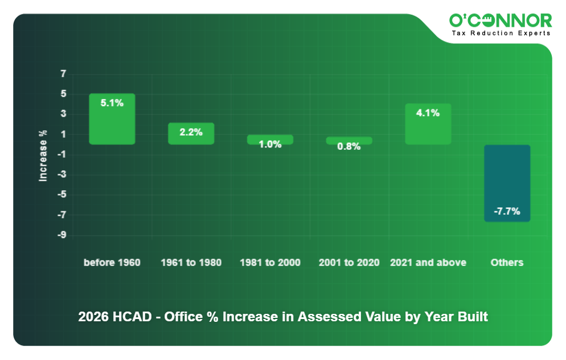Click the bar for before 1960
(x=112, y=119)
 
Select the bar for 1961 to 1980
(x=191, y=134)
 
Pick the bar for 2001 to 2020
(x=348, y=140)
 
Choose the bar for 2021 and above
(x=428, y=124)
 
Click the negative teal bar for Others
(x=507, y=182)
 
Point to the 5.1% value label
(x=112, y=103)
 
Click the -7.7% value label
(x=507, y=211)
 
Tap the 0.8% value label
(x=348, y=146)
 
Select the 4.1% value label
(x=428, y=113)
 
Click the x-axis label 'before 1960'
(x=112, y=263)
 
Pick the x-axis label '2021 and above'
(x=428, y=263)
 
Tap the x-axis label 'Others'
(x=507, y=263)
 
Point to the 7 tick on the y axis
(x=63, y=73)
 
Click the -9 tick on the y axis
(x=61, y=235)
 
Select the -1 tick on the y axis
(x=61, y=154)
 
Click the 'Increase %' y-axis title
(x=43, y=156)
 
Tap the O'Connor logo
(x=500, y=21)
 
